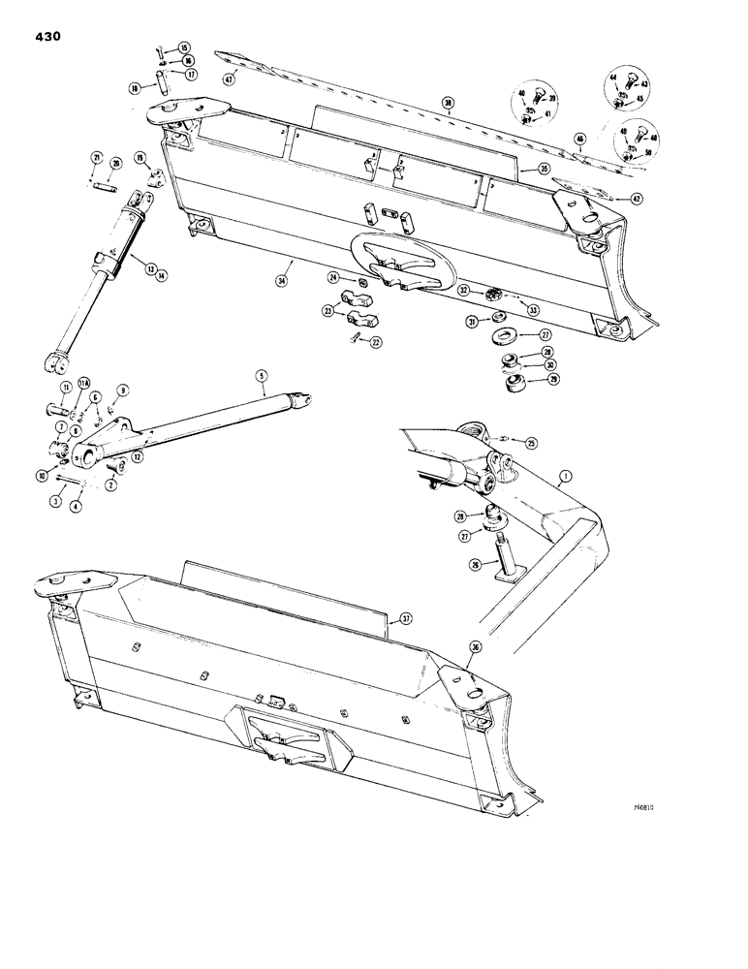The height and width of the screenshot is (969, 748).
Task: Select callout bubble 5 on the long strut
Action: (260, 375)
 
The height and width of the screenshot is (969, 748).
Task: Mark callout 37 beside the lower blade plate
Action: (406, 617)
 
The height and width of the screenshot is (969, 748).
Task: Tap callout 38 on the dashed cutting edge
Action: (448, 103)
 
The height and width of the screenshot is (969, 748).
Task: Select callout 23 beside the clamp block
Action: (327, 312)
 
